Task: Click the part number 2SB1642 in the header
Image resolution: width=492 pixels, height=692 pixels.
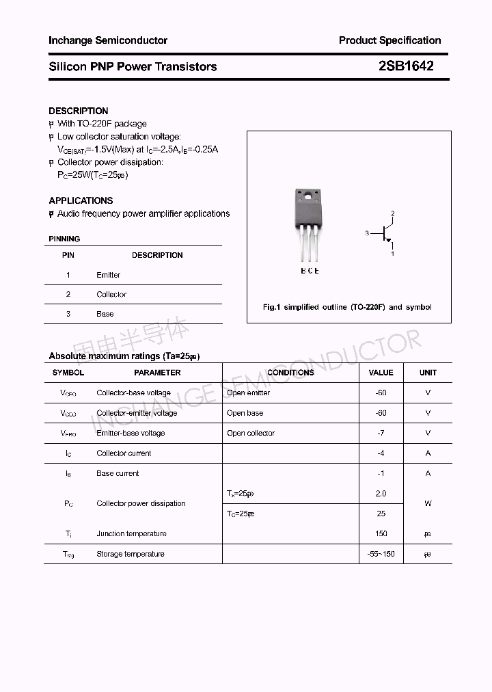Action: pos(406,66)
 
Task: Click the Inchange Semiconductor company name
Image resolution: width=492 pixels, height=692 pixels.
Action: pos(108,40)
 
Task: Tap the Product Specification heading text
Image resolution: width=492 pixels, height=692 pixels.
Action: pos(389,40)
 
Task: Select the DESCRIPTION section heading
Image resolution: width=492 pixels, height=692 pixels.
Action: pos(79,111)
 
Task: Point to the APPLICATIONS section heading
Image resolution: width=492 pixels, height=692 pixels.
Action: pos(81,200)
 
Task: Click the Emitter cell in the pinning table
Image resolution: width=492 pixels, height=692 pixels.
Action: pos(108,275)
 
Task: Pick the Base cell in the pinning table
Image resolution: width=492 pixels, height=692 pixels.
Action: pos(105,314)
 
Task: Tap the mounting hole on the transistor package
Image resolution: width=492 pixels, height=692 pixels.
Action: pos(308,198)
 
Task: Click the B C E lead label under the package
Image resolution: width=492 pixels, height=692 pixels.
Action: pos(310,271)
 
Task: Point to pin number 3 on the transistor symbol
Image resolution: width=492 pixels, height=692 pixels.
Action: pos(367,234)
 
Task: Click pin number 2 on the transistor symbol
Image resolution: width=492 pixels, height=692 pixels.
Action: pos(393,214)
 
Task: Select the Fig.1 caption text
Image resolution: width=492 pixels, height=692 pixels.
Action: pos(347,307)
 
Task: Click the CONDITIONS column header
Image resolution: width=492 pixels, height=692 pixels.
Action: pos(290,373)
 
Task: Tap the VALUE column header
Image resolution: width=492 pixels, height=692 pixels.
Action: pos(381,373)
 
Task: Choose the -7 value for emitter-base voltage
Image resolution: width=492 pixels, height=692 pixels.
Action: pos(381,433)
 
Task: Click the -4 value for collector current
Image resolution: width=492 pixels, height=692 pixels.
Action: pos(381,453)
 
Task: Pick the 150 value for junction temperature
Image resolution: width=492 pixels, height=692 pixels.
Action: pos(381,533)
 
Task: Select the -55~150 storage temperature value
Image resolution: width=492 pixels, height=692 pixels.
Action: pos(381,554)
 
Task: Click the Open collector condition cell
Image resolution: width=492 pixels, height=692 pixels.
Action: pos(251,433)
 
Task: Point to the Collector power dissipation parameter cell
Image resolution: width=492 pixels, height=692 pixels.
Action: pos(141,503)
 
